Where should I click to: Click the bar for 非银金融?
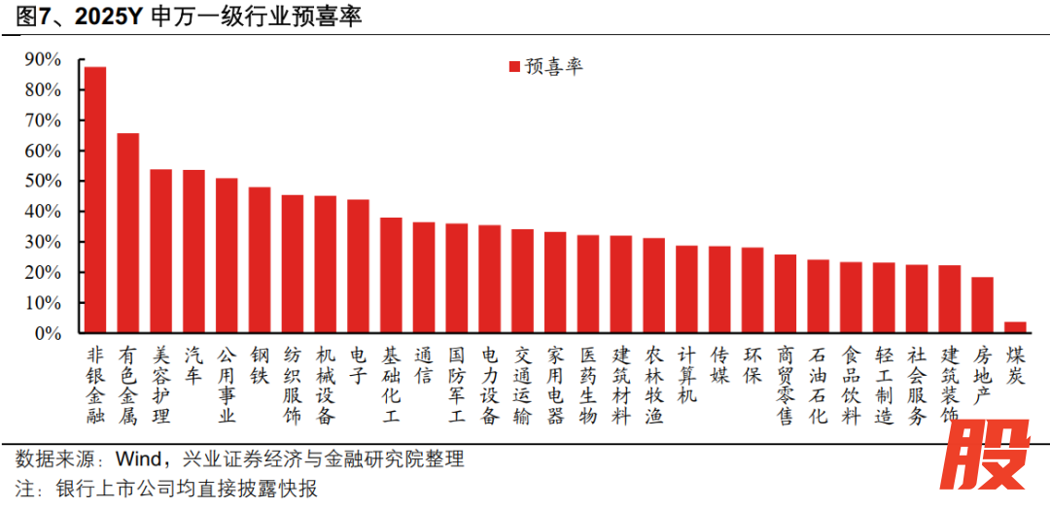pos(95,200)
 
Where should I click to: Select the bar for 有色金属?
pos(128,233)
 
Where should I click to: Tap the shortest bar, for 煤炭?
pos(1015,327)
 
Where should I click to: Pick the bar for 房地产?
pos(982,305)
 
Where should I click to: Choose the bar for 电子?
pos(358,266)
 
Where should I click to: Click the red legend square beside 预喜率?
pos(514,67)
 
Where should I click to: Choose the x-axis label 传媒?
pos(719,366)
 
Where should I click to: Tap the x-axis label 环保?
pos(752,366)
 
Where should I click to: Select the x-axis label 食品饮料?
pos(851,386)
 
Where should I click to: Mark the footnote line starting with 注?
pos(165,488)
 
